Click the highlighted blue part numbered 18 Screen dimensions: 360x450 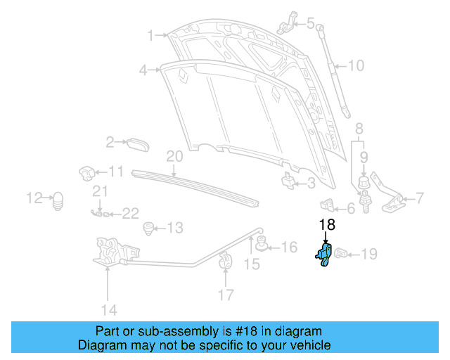pos(324,255)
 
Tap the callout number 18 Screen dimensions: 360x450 pos(327,226)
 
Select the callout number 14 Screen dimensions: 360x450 pos(108,309)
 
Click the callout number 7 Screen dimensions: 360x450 pos(420,198)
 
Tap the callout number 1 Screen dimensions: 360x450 pos(150,34)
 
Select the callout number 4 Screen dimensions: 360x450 pos(143,70)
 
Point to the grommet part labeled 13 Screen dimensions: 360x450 pos(148,228)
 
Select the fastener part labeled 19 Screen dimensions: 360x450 pos(342,253)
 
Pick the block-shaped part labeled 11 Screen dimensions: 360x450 pos(87,172)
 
